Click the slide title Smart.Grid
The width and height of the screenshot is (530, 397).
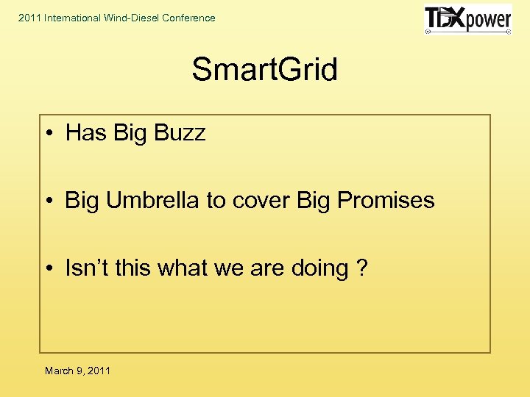pyautogui.click(x=264, y=71)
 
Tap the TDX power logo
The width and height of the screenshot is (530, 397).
pyautogui.click(x=467, y=20)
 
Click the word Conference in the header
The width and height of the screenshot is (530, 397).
pyautogui.click(x=188, y=18)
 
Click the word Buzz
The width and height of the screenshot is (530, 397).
pyautogui.click(x=181, y=133)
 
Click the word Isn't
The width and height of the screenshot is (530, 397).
pyautogui.click(x=86, y=268)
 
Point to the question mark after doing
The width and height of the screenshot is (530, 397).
pyautogui.click(x=361, y=268)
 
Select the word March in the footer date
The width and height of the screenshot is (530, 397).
pyautogui.click(x=59, y=371)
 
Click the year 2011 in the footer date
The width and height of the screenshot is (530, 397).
pyautogui.click(x=98, y=371)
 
